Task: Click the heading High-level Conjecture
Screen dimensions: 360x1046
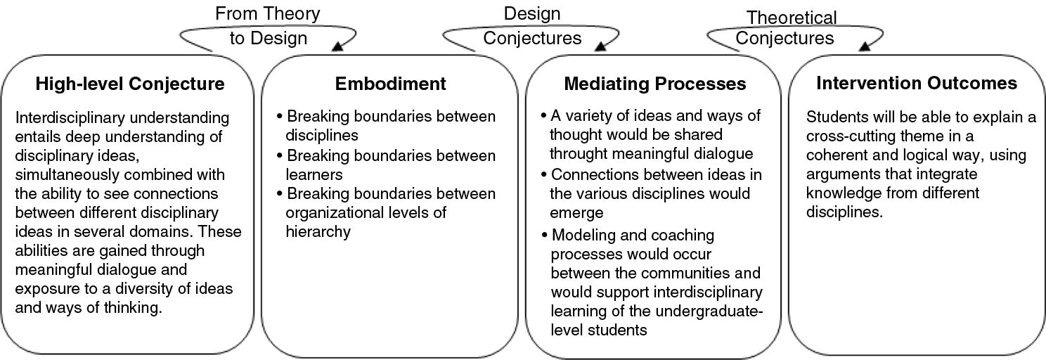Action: [130, 84]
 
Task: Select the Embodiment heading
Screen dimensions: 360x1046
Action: [390, 84]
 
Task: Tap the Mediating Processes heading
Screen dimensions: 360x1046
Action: [654, 84]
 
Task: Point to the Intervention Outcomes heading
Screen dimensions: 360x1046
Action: [916, 84]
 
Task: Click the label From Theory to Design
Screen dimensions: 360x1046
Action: [268, 25]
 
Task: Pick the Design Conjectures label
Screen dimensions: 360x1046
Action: [532, 25]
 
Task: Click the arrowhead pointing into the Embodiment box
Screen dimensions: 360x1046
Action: [338, 46]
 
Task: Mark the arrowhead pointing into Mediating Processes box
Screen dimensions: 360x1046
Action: [601, 46]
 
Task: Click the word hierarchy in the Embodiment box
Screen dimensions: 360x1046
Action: [318, 231]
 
